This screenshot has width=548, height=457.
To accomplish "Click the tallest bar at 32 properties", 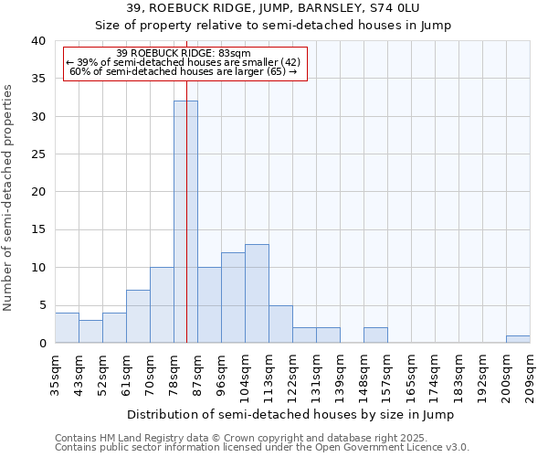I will (185, 222).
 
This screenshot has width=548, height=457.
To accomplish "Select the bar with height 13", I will (257, 293).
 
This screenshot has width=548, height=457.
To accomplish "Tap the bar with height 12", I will (233, 297).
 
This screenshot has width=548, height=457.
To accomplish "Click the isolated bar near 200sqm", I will (518, 339).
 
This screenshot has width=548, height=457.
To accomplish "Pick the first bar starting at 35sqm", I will (67, 327).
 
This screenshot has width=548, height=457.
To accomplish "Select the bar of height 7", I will (138, 316).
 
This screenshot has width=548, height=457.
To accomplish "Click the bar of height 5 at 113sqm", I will (280, 324).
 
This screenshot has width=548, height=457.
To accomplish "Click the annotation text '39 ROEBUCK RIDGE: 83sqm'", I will (184, 54).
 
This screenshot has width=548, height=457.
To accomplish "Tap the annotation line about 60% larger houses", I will (184, 71).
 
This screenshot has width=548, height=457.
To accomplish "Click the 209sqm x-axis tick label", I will (529, 374).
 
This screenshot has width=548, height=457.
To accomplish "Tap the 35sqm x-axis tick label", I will (55, 374).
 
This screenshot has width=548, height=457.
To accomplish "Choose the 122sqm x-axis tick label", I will (292, 374).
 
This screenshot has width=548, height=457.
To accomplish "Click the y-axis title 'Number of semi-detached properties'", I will (9, 197).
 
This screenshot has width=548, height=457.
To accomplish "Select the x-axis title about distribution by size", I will (290, 414).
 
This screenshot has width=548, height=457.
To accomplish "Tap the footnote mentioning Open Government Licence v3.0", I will (262, 448).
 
